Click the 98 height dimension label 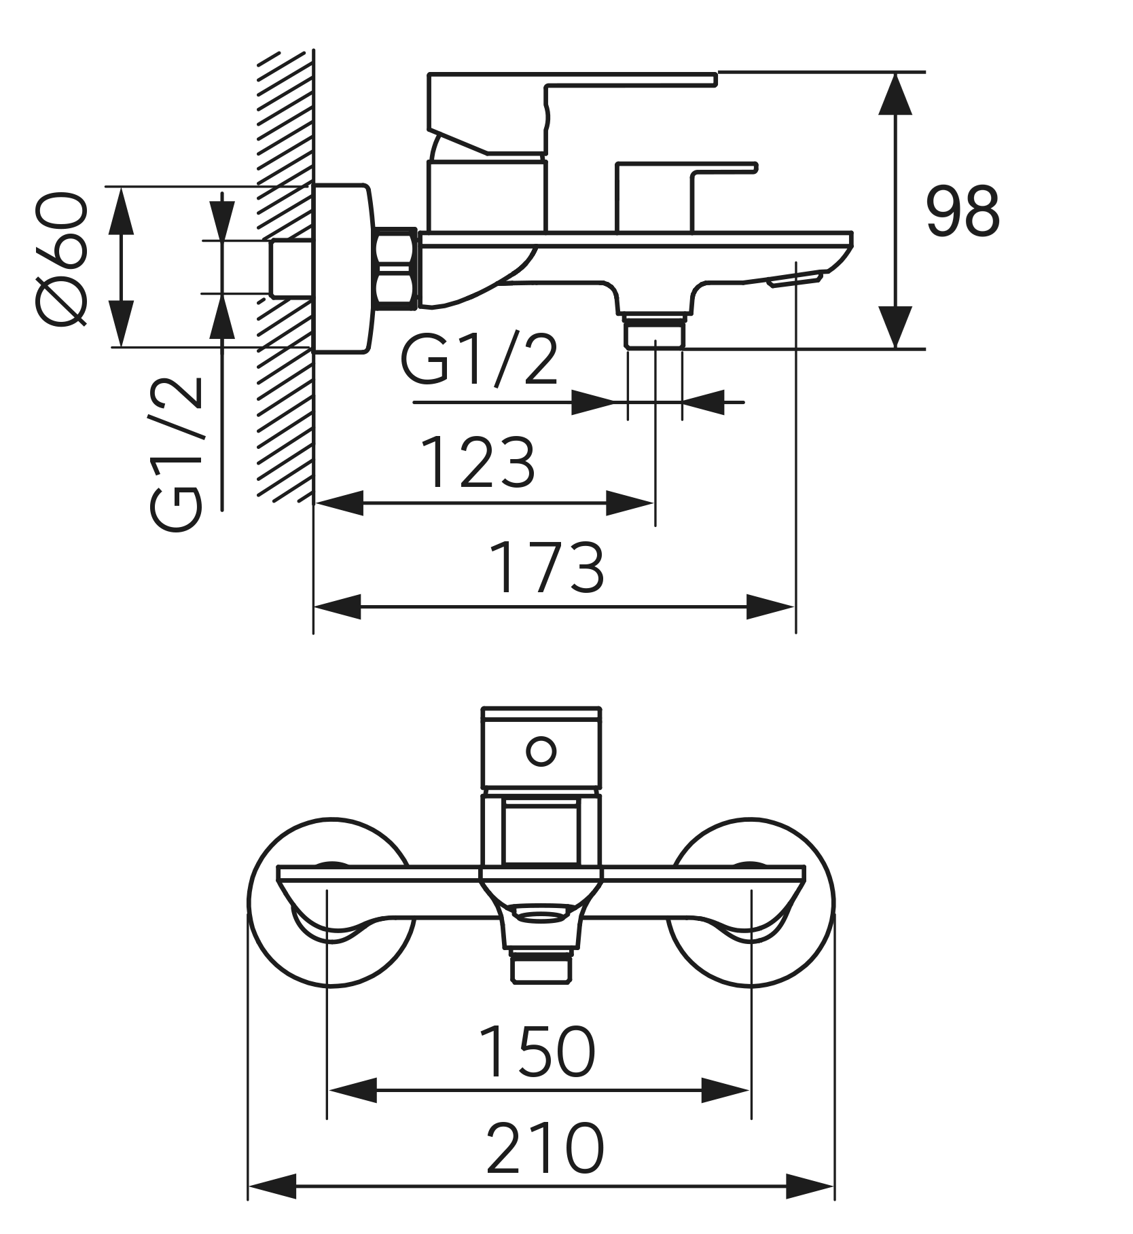(963, 211)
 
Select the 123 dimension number (478, 462)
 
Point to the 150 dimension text (537, 1052)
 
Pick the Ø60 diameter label (63, 259)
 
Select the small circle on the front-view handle (541, 752)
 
